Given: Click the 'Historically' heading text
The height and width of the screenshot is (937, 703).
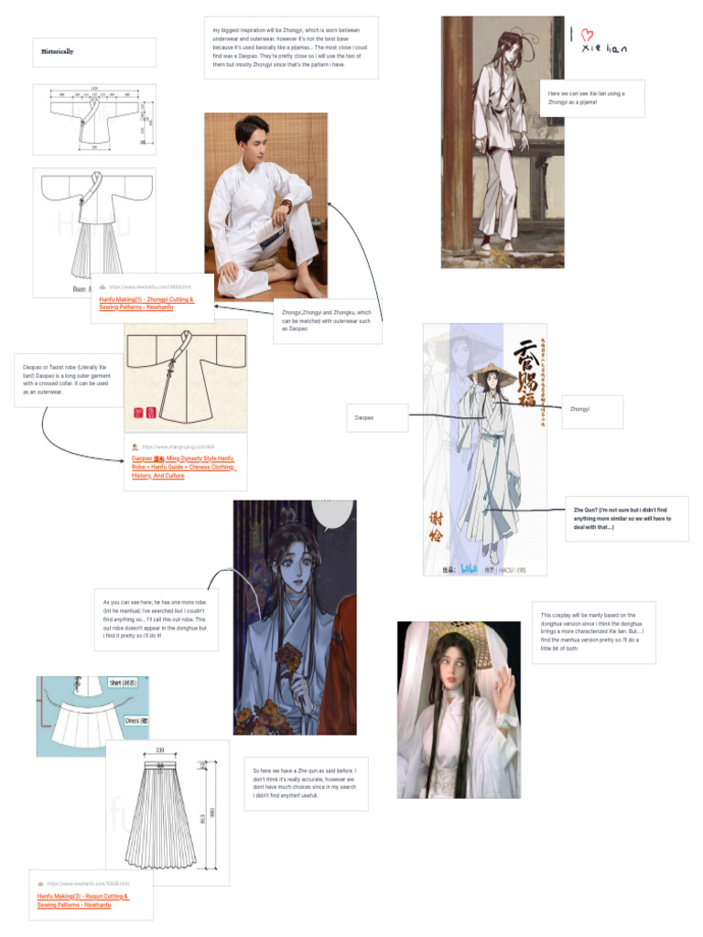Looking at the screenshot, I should [x=57, y=52].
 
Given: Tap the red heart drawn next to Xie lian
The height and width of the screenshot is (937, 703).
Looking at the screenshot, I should [x=589, y=34].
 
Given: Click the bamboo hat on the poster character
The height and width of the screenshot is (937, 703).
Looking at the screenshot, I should [x=485, y=371].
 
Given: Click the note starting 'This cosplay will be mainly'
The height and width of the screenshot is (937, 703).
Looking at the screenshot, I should [x=592, y=631].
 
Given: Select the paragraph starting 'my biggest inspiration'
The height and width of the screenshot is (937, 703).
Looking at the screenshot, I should [x=290, y=47].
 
